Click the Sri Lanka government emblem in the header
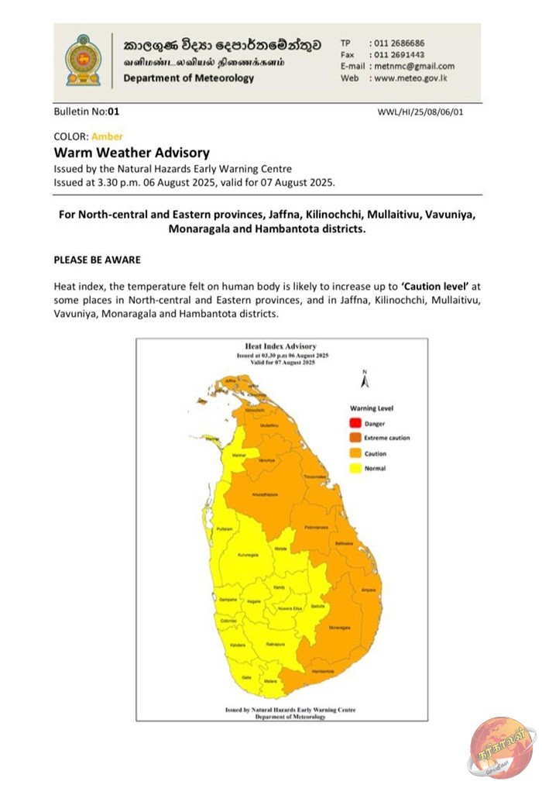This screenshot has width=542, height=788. pyautogui.click(x=83, y=60)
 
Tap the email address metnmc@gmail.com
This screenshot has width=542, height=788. pyautogui.click(x=412, y=67)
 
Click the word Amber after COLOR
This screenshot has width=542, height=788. pyautogui.click(x=107, y=136)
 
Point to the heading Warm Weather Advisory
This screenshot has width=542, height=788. pyautogui.click(x=131, y=153)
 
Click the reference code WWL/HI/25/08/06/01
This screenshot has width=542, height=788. pyautogui.click(x=420, y=112)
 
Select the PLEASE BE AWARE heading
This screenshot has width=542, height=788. pyautogui.click(x=97, y=260)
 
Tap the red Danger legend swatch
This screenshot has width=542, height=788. pyautogui.click(x=355, y=423)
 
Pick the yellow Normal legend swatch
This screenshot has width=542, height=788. pyautogui.click(x=355, y=468)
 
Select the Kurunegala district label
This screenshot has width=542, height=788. pyautogui.click(x=248, y=556)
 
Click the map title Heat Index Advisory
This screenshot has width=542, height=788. pyautogui.click(x=280, y=346)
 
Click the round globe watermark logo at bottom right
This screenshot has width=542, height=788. pyautogui.click(x=502, y=747)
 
